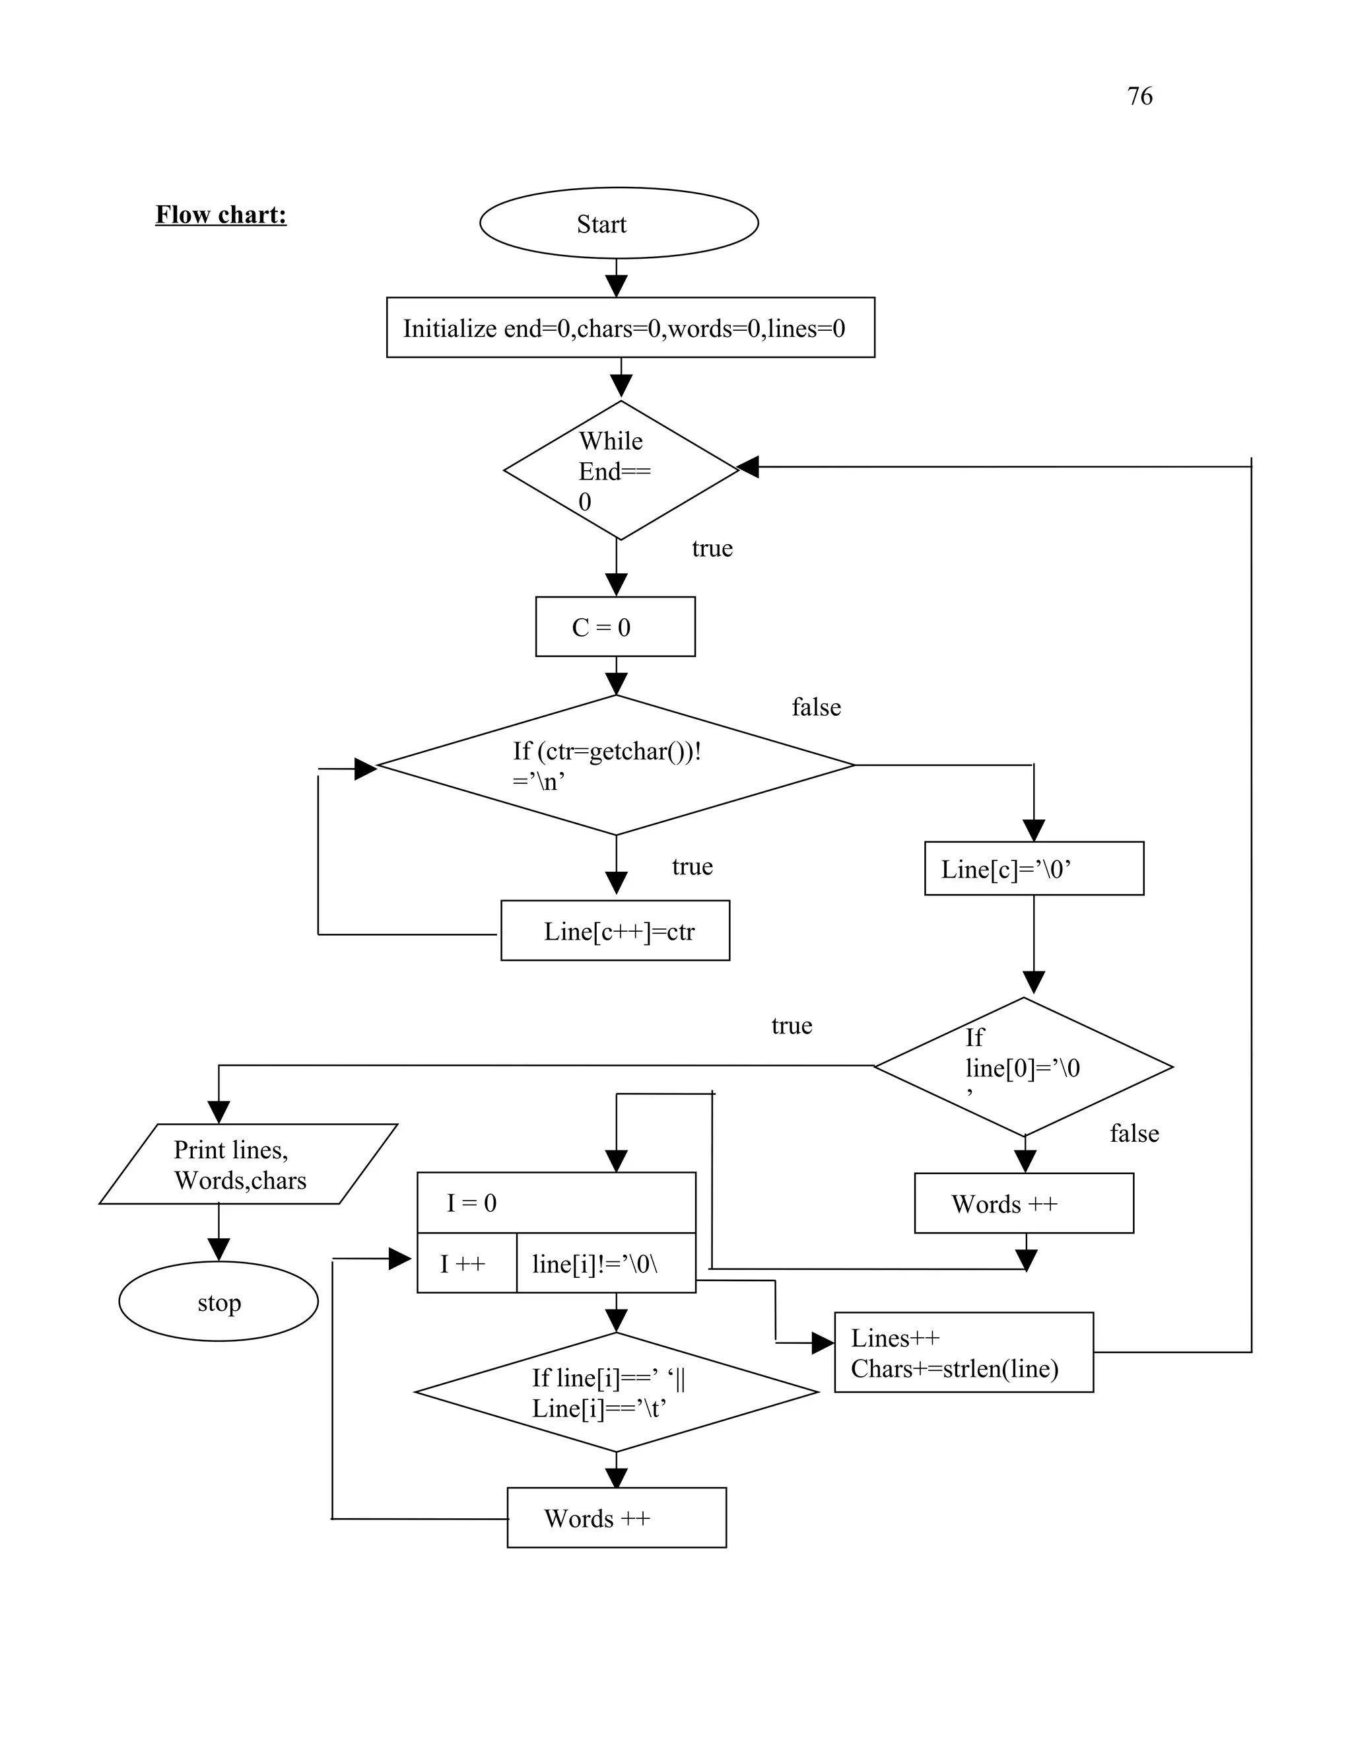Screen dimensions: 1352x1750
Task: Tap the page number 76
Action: (1139, 96)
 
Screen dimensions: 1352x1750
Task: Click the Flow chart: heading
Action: (221, 215)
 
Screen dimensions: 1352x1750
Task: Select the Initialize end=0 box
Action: (630, 328)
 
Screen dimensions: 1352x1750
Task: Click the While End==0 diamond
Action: (620, 470)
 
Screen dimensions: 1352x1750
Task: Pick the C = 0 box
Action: (615, 627)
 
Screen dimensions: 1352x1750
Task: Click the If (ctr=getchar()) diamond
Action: (615, 765)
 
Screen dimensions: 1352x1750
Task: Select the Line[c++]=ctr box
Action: (615, 930)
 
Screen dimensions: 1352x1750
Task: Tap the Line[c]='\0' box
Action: (1033, 868)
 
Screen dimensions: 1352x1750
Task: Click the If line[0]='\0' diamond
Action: (1023, 1067)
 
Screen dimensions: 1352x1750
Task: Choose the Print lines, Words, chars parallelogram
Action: (248, 1164)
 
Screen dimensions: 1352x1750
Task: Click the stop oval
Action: (219, 1302)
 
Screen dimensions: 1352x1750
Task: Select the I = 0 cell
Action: (556, 1203)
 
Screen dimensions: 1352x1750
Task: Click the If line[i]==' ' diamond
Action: (615, 1393)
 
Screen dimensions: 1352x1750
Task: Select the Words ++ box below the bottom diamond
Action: (616, 1518)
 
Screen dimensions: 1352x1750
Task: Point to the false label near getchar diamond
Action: (815, 707)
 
